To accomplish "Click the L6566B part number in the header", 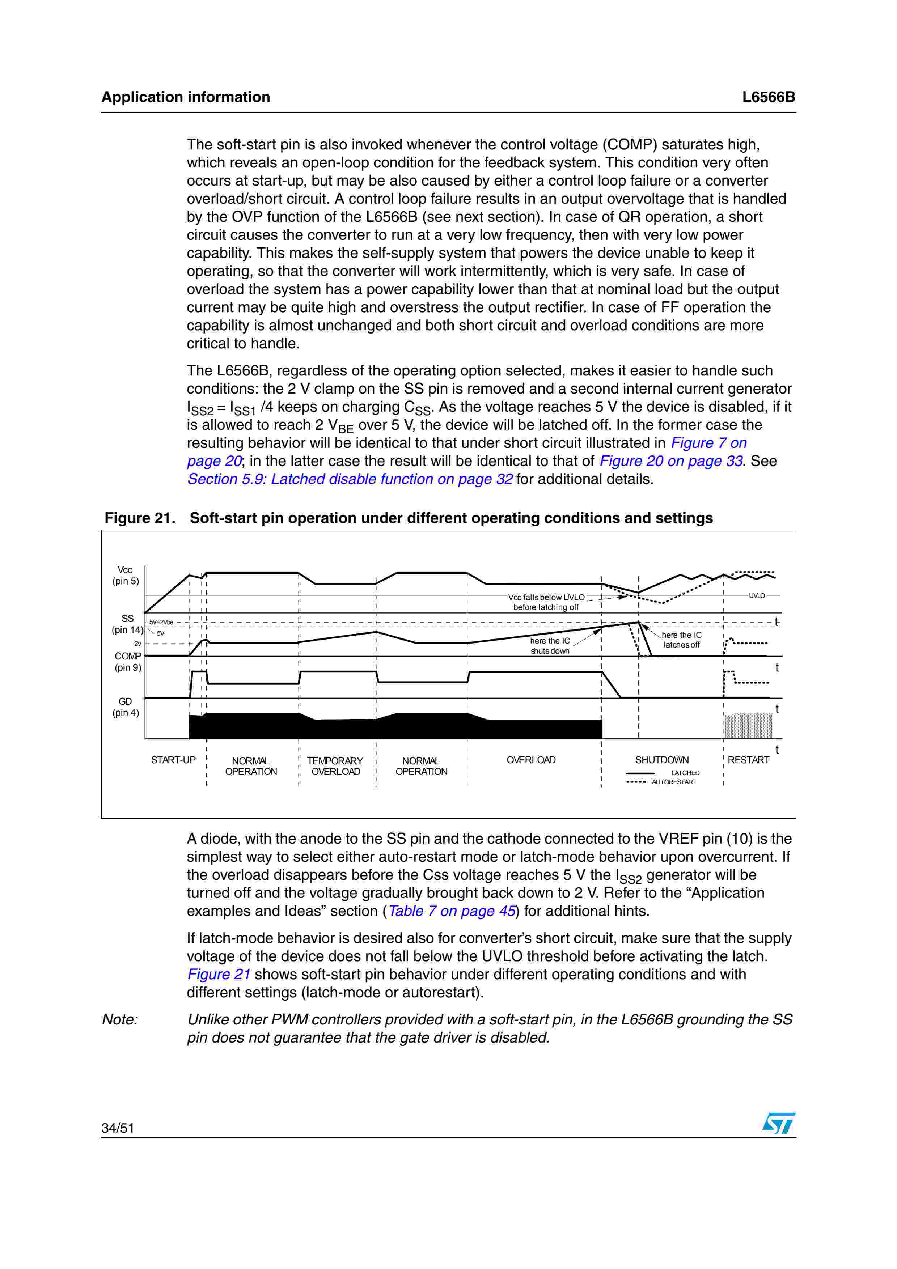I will pos(768,97).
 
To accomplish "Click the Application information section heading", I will pos(186,97).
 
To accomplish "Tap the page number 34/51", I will pos(118,1128).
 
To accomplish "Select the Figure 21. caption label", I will pos(140,518).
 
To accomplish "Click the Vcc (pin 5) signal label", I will pos(126,576).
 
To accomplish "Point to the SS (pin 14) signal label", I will pos(127,624).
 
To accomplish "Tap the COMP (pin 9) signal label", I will pos(128,662).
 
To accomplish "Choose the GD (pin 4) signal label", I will pos(126,707).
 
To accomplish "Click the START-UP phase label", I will pos(173,760).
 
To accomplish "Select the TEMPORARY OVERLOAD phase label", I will pos(335,766).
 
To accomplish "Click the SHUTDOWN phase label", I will pos(661,760).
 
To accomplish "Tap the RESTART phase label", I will pos(748,760).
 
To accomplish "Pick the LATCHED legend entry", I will pos(685,773).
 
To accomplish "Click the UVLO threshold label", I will pos(757,596).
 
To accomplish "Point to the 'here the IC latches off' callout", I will pos(681,640).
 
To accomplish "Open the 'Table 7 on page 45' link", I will pos(452,911).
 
